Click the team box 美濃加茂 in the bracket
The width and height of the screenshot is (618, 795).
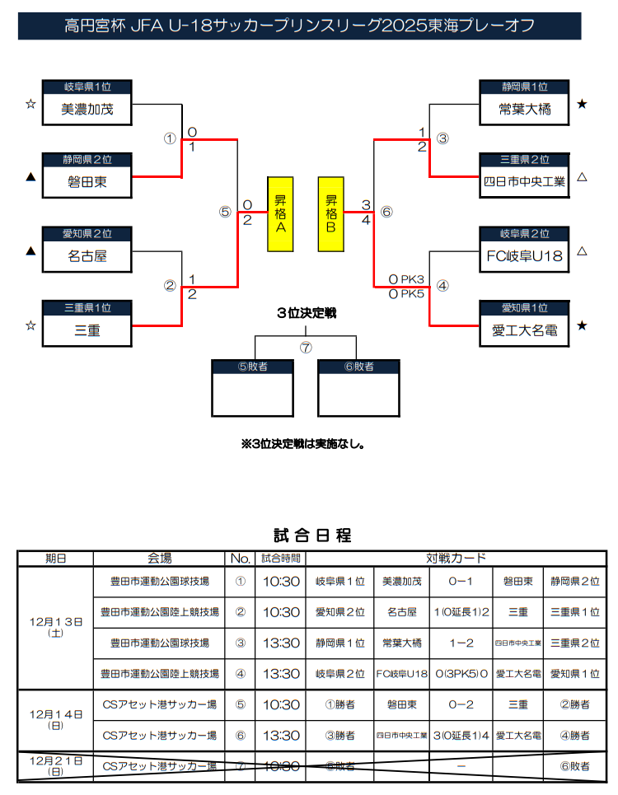(87, 109)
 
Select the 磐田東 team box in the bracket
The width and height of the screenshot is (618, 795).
(87, 182)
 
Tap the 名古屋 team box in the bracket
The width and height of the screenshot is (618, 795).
(87, 256)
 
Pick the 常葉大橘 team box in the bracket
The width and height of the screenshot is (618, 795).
(524, 109)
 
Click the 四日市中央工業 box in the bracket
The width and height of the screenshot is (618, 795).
(524, 182)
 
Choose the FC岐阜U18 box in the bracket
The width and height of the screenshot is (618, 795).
(524, 256)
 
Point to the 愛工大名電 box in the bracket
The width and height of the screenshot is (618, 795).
(524, 330)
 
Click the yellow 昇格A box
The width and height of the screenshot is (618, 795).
(280, 213)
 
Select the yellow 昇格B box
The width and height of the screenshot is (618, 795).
(331, 213)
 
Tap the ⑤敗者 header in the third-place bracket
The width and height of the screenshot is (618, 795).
(253, 367)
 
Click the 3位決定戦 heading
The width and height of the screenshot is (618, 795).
(307, 313)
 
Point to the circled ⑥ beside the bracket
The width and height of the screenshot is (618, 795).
(386, 212)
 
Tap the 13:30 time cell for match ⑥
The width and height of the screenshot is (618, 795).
(281, 735)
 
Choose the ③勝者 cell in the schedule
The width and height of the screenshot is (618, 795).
(341, 735)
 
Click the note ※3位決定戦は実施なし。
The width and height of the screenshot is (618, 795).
(303, 443)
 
